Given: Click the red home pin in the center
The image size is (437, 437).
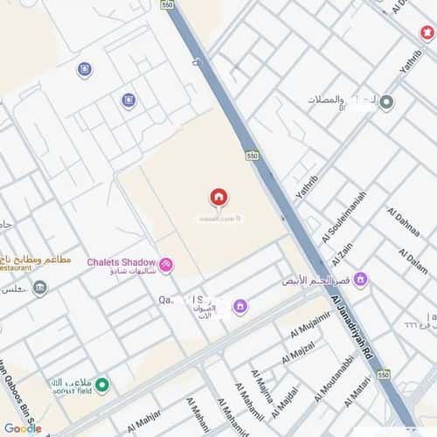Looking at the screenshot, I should pyautogui.click(x=218, y=197).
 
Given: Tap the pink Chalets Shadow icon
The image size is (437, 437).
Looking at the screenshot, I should pyautogui.click(x=165, y=264).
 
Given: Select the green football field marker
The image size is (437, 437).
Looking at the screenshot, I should pyautogui.click(x=102, y=385).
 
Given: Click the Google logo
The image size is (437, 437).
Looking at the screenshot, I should pyautogui.click(x=22, y=428).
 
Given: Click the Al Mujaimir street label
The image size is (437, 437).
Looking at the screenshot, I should pyautogui.click(x=299, y=329).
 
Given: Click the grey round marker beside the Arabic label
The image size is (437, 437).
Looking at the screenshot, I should pyautogui.click(x=386, y=102).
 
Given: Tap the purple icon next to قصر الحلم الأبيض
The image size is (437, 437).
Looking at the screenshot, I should pyautogui.click(x=360, y=281).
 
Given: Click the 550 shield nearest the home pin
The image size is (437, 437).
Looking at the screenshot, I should pyautogui.click(x=252, y=155).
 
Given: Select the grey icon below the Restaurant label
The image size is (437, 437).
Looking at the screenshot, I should pyautogui.click(x=40, y=288).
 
